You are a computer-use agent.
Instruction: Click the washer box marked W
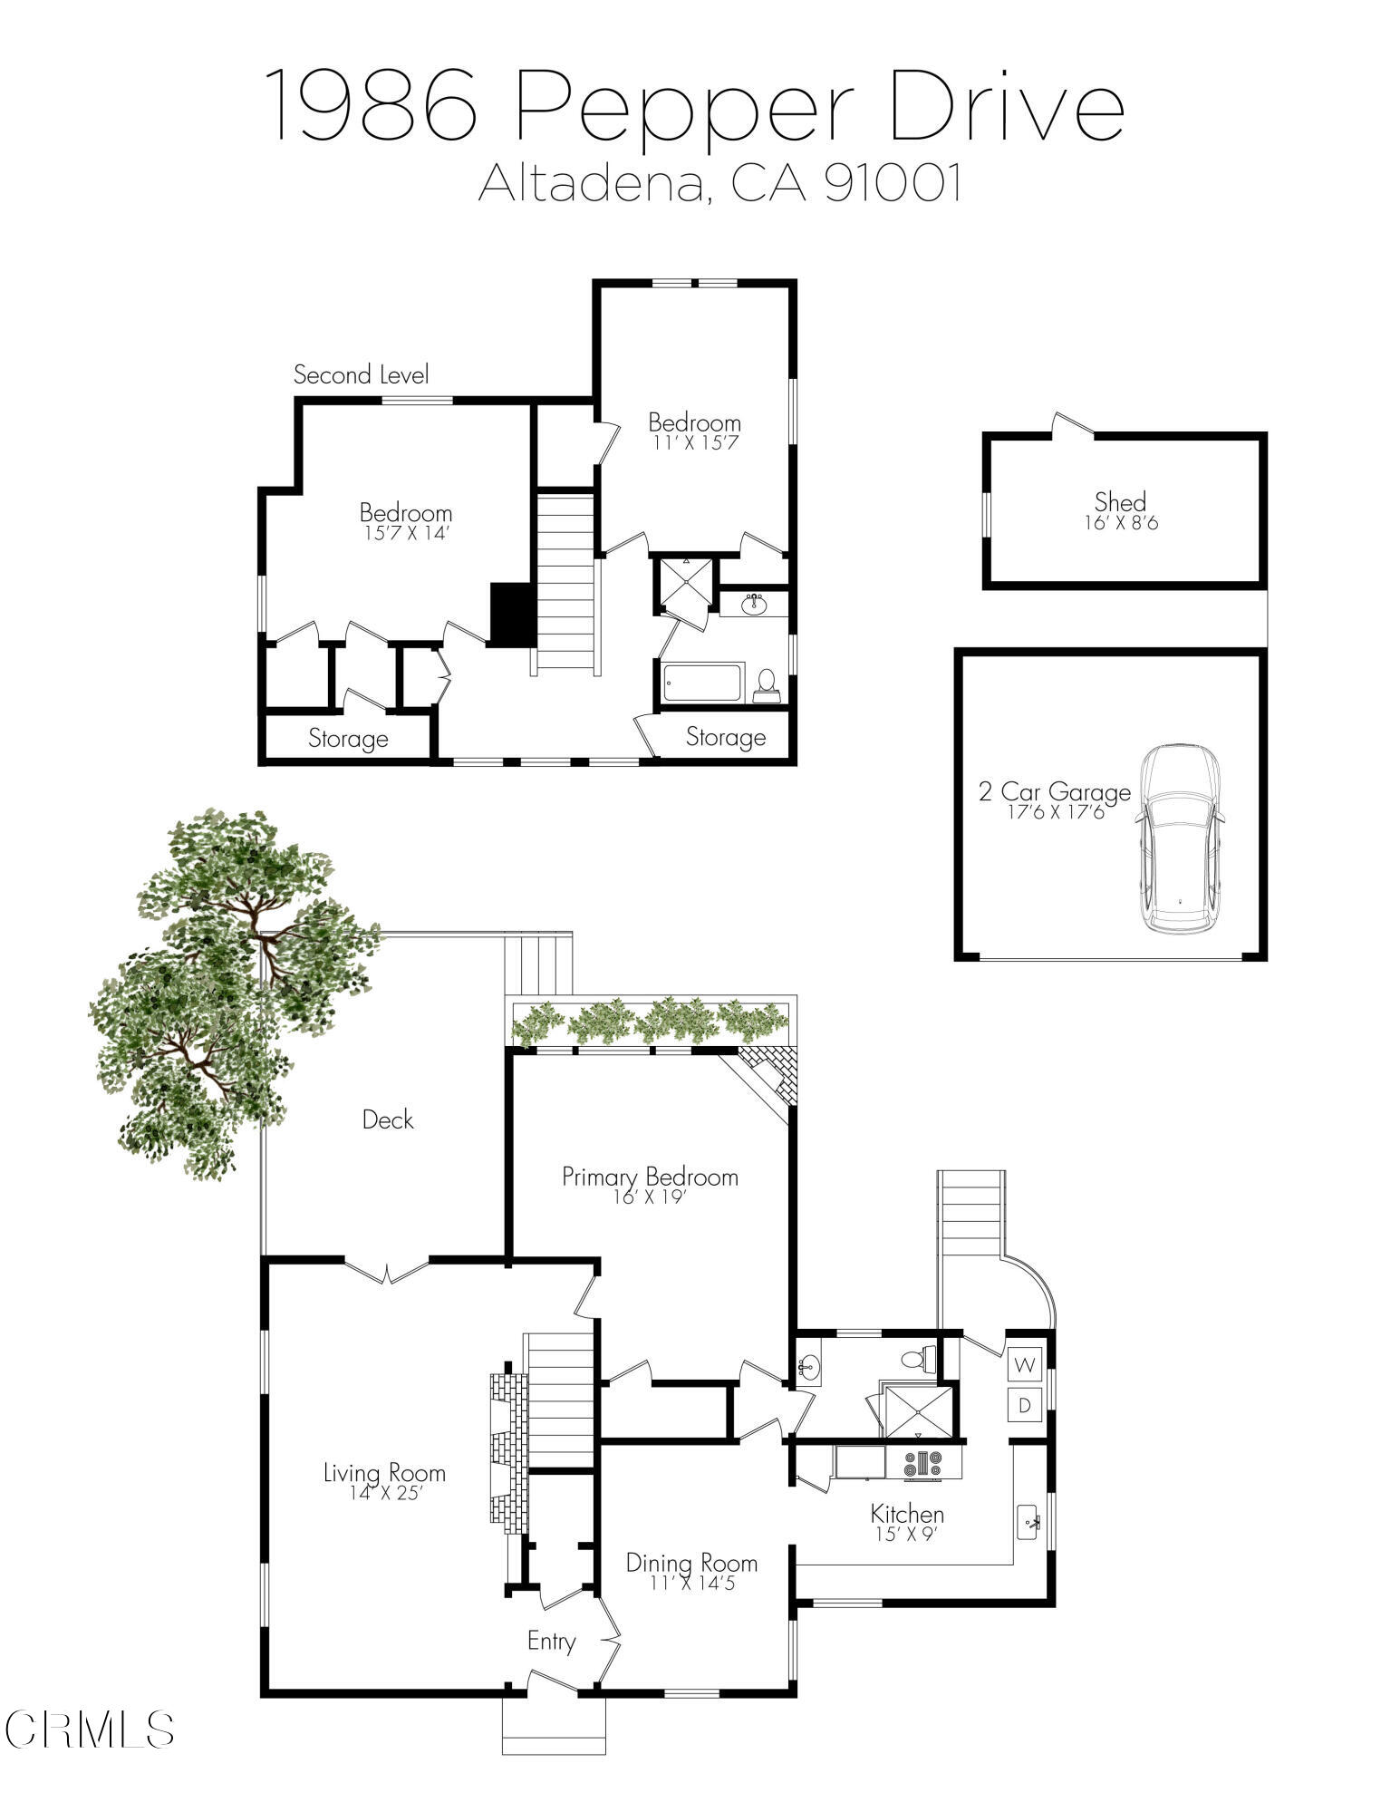[x=1025, y=1363]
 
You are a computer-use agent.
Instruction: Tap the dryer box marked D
[x=1025, y=1405]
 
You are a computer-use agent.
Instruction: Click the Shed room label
[x=1120, y=501]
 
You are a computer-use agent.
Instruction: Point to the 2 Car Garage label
[x=1055, y=792]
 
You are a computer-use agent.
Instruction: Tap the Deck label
[x=388, y=1119]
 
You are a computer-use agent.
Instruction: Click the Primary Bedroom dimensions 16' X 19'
[x=650, y=1197]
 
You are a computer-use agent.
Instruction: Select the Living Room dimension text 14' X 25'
[x=385, y=1493]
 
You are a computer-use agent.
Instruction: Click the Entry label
[x=551, y=1641]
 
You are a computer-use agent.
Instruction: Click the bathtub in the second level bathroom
[x=703, y=683]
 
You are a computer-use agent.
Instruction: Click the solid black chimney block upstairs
[x=513, y=614]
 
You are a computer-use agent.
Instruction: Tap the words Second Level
[x=361, y=374]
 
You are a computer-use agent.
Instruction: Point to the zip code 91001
[x=893, y=183]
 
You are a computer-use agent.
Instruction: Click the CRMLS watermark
[x=89, y=1730]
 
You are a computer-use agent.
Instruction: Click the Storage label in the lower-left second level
[x=348, y=739]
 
